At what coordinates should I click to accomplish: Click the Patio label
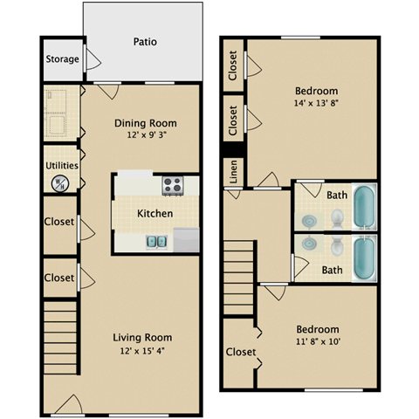click(x=145, y=41)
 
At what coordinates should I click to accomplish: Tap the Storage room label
click(x=62, y=60)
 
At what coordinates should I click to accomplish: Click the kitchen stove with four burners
click(x=172, y=186)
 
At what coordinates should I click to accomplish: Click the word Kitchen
click(x=155, y=213)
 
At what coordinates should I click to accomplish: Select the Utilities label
click(x=62, y=165)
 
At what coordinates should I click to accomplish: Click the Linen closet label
click(x=233, y=172)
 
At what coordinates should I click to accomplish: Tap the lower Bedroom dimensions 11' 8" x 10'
click(x=315, y=341)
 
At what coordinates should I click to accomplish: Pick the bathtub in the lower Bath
click(x=364, y=258)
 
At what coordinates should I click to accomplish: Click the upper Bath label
click(x=336, y=196)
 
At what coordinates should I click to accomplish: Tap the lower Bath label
click(x=332, y=271)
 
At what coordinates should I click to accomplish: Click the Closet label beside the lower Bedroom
click(x=240, y=353)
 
